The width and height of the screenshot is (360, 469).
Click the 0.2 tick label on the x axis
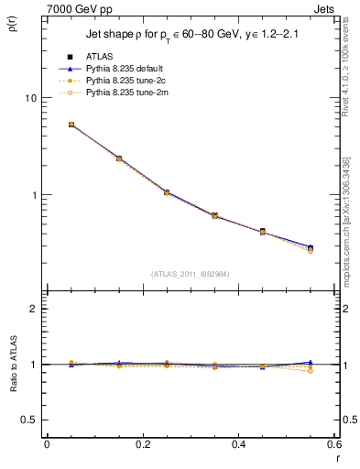142,444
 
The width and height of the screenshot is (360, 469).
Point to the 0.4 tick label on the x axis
238,444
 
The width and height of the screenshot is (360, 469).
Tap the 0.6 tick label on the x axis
333,444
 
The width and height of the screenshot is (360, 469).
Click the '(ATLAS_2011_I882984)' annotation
190,273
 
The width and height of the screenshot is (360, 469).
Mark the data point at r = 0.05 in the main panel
71,125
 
